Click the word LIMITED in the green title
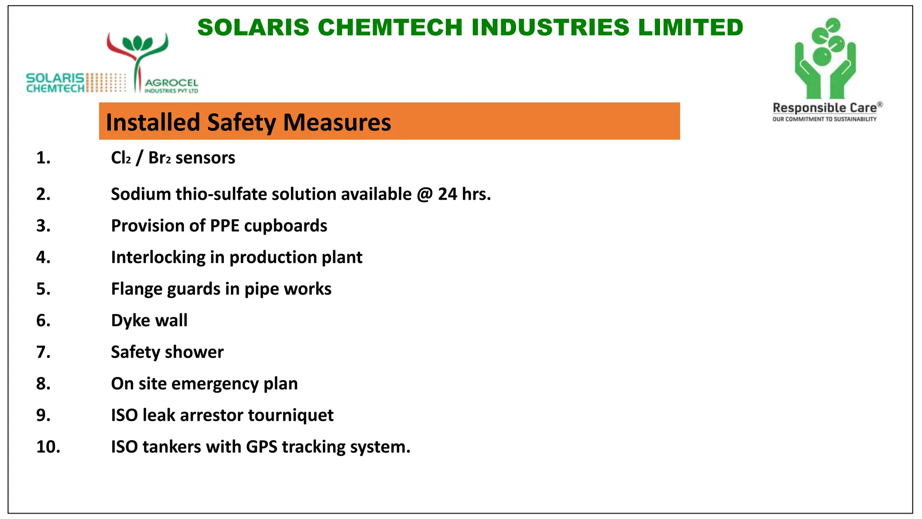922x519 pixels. (x=691, y=27)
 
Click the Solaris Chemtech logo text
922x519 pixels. (x=55, y=83)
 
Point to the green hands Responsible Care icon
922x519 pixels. (x=825, y=59)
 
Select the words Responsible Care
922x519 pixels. (x=825, y=108)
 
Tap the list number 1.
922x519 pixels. (x=43, y=158)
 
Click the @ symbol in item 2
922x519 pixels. (x=425, y=194)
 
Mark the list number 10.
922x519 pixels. (x=48, y=447)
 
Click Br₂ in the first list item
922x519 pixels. (x=159, y=158)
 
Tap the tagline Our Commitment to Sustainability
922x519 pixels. (x=824, y=119)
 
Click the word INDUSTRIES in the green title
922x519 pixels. (x=551, y=27)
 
